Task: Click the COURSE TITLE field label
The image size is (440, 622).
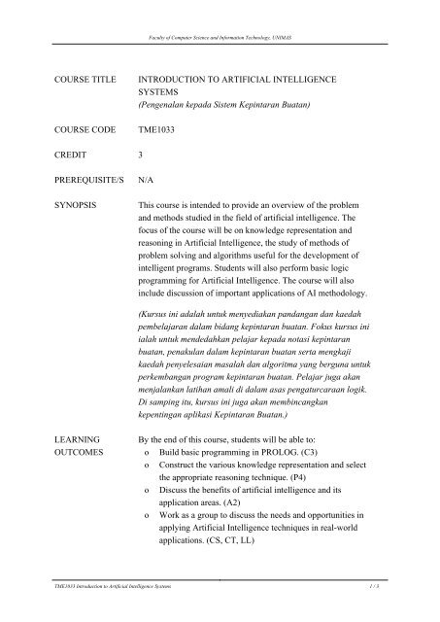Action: [65, 73]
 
